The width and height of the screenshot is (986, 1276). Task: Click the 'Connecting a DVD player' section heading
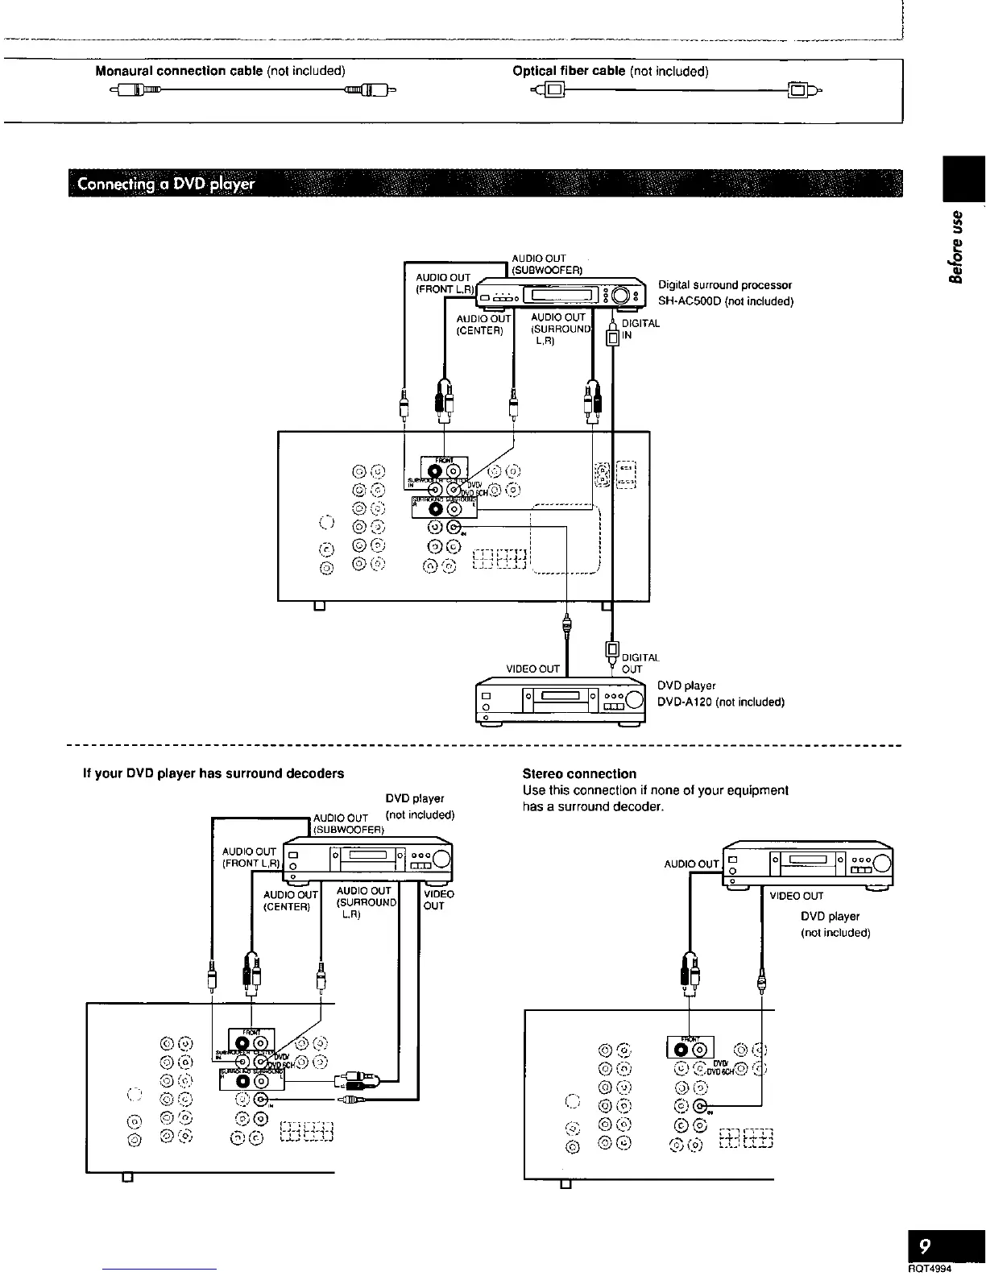click(x=166, y=184)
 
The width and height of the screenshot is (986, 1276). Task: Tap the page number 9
click(x=925, y=1246)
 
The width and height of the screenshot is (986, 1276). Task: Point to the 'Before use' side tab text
click(x=957, y=246)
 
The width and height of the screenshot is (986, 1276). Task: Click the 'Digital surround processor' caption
click(x=725, y=285)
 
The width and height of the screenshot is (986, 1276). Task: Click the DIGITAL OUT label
click(x=640, y=663)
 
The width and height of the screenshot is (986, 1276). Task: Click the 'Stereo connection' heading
click(x=579, y=773)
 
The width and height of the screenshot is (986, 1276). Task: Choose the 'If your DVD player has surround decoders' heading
click(x=213, y=773)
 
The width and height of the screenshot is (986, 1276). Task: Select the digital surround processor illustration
click(x=562, y=295)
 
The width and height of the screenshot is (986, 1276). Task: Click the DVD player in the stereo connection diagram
click(x=809, y=863)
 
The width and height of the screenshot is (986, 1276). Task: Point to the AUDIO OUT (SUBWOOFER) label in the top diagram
click(x=547, y=264)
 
